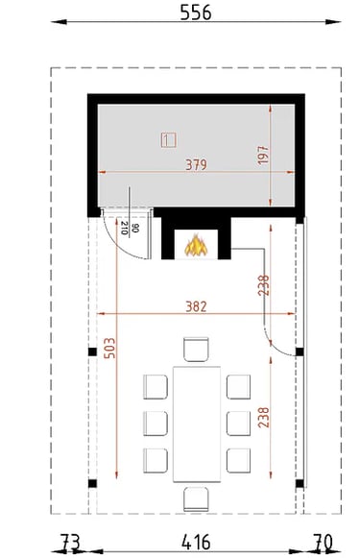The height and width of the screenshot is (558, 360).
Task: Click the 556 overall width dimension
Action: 195,12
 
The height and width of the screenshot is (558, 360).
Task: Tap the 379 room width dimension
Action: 196,164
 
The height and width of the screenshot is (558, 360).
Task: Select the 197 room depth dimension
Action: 263,155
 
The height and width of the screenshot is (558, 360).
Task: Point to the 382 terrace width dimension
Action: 196,306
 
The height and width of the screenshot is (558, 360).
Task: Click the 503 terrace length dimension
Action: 109,348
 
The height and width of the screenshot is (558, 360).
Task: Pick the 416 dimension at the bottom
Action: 196,543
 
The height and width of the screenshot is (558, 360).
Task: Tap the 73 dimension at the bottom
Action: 70,543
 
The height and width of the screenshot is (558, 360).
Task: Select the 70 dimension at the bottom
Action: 323,543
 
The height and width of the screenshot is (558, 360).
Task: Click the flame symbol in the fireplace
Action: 196,245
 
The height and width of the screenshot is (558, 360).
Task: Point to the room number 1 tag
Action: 169,140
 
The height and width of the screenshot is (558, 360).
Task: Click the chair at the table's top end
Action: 196,349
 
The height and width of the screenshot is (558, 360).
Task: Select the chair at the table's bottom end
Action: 196,499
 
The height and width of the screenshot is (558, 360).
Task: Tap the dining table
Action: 197,424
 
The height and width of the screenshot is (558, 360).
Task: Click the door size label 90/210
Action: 130,228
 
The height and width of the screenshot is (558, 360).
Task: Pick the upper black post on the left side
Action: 92,352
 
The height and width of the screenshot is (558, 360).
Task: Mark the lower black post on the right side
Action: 300,483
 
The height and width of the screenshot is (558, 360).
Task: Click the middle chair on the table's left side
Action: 156,424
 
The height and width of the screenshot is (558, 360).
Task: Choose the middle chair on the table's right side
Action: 238,424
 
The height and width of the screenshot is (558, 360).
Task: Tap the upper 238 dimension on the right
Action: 264,285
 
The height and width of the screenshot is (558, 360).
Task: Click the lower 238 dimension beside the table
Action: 264,418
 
